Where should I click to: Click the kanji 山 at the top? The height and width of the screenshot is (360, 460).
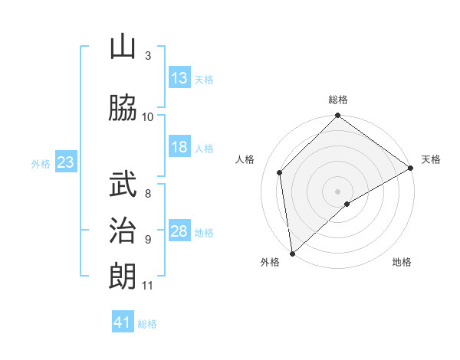pos(123,47)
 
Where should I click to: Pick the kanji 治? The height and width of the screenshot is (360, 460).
pos(123,230)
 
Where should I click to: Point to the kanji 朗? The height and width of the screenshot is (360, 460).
pos(123,276)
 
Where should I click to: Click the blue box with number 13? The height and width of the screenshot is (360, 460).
pos(179,78)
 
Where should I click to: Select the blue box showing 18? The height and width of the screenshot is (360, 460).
pos(179,148)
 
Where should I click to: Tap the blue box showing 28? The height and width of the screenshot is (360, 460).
pos(179,231)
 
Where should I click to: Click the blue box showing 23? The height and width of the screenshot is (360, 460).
pos(65,162)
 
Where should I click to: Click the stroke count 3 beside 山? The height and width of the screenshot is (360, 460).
pos(148,56)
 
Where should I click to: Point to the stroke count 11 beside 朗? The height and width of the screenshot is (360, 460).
pos(147,286)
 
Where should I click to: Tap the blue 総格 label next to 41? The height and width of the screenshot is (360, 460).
pos(147,324)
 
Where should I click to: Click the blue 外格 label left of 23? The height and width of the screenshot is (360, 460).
pos(40,163)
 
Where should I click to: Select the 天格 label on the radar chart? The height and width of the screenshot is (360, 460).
pos(431,159)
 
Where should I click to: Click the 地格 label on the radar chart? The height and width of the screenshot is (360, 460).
pos(402,262)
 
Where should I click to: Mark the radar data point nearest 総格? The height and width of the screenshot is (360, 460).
pos(337,116)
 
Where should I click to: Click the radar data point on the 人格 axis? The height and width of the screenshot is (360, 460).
pos(280,172)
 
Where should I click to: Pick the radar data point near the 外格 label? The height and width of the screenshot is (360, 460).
pos(292,253)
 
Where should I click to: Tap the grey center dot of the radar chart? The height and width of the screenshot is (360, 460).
pos(337,191)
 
